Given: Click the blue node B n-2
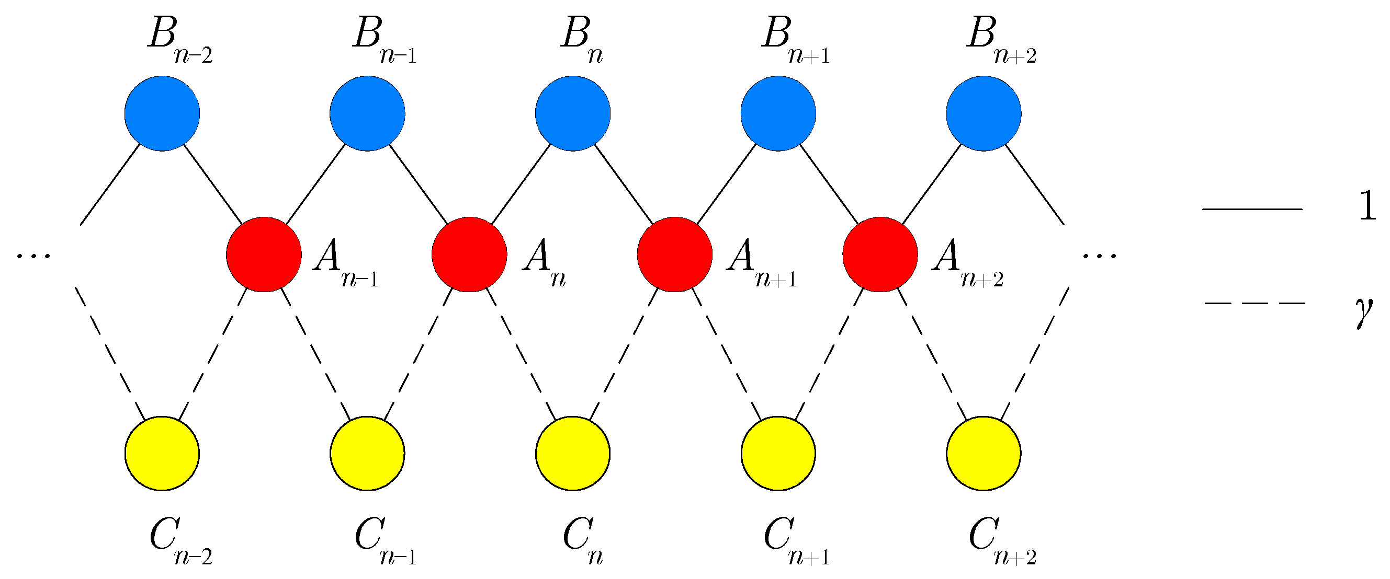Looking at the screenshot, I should click(162, 113).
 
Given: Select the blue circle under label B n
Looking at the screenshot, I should click(572, 113).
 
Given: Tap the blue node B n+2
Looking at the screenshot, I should click(983, 113).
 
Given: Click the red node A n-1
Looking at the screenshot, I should click(264, 254).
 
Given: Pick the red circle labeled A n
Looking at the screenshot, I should click(469, 254).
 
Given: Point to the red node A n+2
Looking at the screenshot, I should click(880, 254).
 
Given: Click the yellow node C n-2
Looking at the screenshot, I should click(162, 454).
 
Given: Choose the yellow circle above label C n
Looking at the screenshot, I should click(572, 454).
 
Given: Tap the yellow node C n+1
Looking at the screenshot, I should click(778, 454).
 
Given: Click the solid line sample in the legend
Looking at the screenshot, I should click(1252, 209).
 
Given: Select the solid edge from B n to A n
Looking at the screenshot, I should click(521, 184).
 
